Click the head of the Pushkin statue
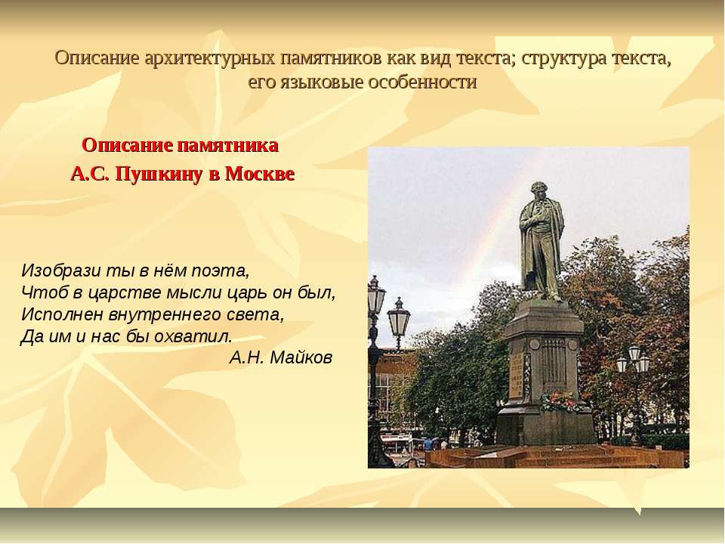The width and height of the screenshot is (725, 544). [538, 192]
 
